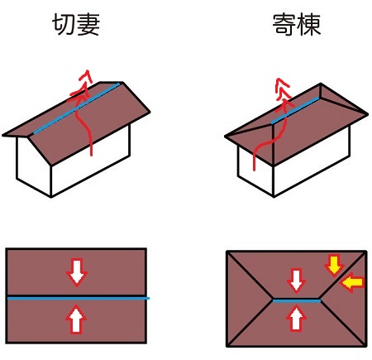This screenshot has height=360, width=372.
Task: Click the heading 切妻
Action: (x=76, y=25)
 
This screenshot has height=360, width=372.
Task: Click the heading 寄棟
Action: (x=297, y=25)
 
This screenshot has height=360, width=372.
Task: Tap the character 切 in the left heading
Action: (x=64, y=25)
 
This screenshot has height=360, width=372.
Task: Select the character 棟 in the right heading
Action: (x=309, y=25)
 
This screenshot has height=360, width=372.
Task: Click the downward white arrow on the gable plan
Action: (x=77, y=272)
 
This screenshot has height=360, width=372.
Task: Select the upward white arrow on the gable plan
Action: (x=76, y=319)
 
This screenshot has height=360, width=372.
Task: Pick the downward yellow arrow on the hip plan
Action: (x=334, y=266)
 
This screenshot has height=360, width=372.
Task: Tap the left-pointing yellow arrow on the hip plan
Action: (x=352, y=282)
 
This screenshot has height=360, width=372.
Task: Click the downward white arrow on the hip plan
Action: (x=296, y=281)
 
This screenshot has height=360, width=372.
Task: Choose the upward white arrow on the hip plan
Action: (x=296, y=318)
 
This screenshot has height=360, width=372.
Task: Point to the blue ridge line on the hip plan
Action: (x=297, y=300)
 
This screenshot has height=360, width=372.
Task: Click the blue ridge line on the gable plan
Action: (x=79, y=298)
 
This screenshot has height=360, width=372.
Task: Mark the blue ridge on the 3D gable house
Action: (x=76, y=108)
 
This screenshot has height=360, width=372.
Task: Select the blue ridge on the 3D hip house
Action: (x=295, y=110)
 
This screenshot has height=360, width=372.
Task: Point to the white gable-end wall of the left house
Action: (x=34, y=166)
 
